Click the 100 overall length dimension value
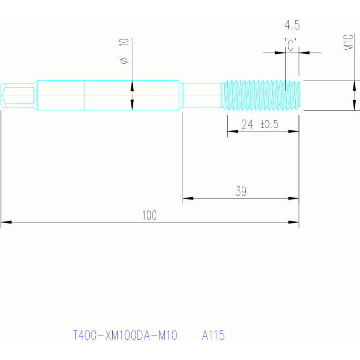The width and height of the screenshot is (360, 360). tap(149, 215)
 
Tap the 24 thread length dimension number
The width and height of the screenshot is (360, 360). tap(247, 124)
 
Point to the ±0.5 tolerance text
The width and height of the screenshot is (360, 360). tap(269, 124)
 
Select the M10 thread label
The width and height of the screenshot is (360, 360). tap(348, 42)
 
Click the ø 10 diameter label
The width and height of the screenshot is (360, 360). tap(124, 52)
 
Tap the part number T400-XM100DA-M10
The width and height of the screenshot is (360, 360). tap(125, 336)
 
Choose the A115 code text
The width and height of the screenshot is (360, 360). tap(214, 336)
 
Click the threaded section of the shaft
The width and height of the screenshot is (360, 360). tap(260, 95)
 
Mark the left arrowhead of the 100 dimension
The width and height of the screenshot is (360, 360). tap(6, 222)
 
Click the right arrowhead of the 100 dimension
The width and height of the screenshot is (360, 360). tap(294, 222)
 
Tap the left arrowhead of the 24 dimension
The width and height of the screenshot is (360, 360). tap(232, 131)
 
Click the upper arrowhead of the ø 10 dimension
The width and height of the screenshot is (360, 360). tap(132, 86)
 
